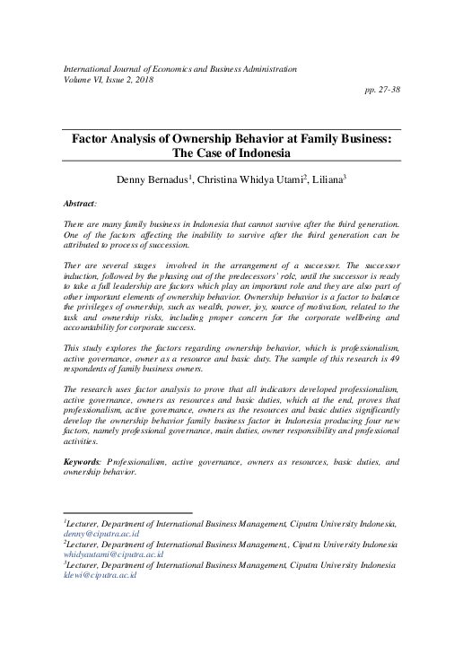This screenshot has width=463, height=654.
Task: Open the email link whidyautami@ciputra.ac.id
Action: (104, 554)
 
